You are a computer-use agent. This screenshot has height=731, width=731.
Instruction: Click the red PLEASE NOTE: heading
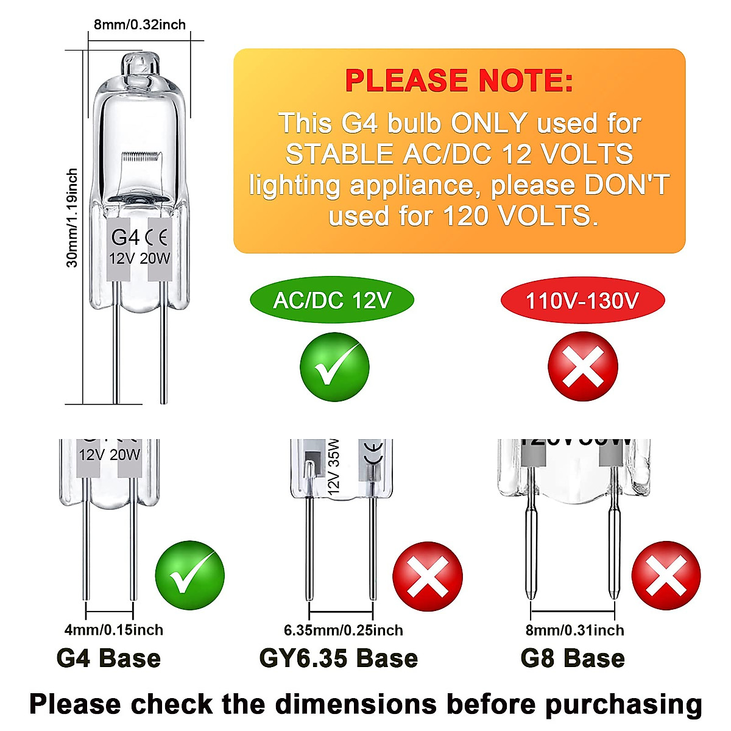[x=459, y=81]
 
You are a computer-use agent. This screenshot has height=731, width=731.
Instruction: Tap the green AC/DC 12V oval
[x=332, y=300]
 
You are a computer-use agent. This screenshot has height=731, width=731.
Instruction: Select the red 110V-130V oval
[x=582, y=300]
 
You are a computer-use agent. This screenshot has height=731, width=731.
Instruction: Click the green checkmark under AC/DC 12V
[x=334, y=367]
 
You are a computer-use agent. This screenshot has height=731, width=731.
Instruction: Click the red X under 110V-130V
[x=583, y=367]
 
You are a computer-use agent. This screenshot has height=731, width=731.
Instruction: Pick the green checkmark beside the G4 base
[x=189, y=576]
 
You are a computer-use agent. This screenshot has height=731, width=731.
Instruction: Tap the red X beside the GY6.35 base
[x=428, y=576]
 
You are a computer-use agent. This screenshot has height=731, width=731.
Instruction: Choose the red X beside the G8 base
[x=666, y=576]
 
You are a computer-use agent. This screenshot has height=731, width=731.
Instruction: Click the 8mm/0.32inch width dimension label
[x=139, y=24]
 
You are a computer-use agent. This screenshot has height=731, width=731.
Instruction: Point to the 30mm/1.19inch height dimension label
[x=72, y=217]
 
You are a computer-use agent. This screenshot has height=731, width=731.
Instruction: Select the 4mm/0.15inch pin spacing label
[x=113, y=630]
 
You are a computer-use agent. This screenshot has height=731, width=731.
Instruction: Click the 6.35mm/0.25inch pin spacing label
[x=343, y=630]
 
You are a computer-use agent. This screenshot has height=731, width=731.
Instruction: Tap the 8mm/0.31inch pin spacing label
[x=574, y=630]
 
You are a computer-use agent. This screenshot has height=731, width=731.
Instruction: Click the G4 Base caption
[x=108, y=659]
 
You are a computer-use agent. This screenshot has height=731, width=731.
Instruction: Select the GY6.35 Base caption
[x=339, y=659]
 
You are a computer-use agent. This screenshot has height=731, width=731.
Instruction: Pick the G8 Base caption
[x=573, y=659]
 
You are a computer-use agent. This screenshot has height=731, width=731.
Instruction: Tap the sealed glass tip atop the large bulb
[x=140, y=63]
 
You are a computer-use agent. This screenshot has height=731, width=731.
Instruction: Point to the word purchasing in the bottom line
[x=623, y=704]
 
